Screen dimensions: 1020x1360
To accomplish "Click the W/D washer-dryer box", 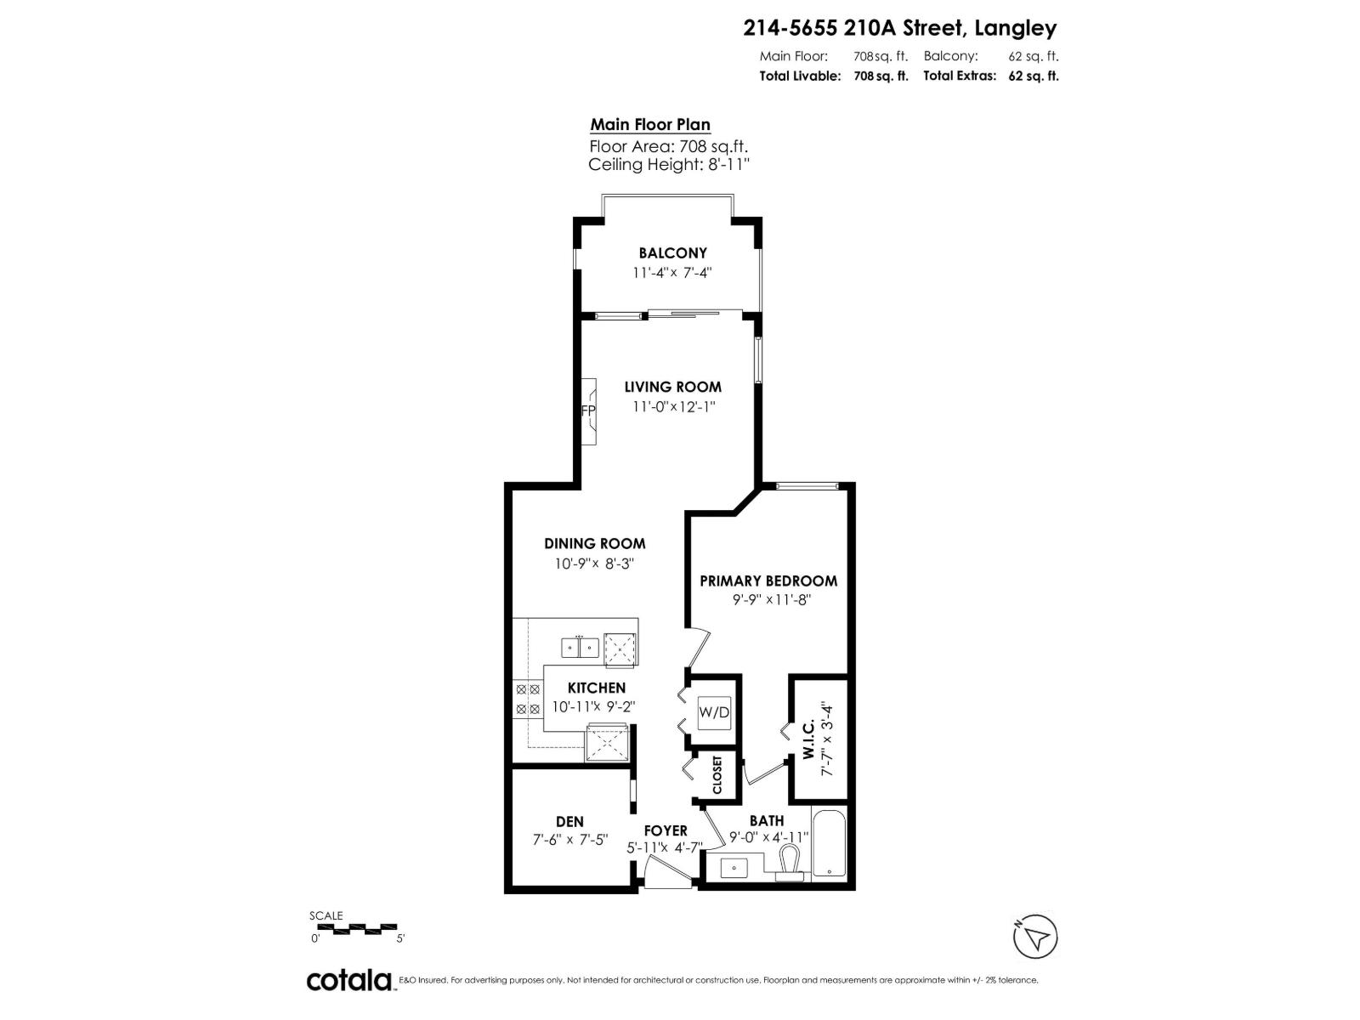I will point(714,712).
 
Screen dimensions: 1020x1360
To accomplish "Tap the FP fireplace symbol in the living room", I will point(588,411).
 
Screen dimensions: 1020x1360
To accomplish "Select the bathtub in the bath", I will point(828,844).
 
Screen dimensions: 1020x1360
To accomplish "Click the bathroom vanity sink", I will point(734,868).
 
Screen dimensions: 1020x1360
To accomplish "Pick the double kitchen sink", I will point(581,647).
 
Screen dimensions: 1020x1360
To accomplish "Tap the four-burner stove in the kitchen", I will point(528,699).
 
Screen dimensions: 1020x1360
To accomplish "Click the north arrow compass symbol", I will point(1036,938).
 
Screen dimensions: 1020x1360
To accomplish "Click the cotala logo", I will point(349,980).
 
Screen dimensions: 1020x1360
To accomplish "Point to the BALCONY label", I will point(672,253).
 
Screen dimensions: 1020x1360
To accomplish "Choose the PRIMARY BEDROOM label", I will point(768,581).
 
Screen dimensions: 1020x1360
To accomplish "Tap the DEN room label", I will point(569,821).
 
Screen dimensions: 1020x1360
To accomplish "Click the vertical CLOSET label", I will point(717,774).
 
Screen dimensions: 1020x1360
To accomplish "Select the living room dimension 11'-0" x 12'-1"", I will point(673,407).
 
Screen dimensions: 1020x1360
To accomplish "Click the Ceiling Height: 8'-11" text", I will point(669,165).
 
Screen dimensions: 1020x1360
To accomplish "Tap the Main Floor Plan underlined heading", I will point(650,125).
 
